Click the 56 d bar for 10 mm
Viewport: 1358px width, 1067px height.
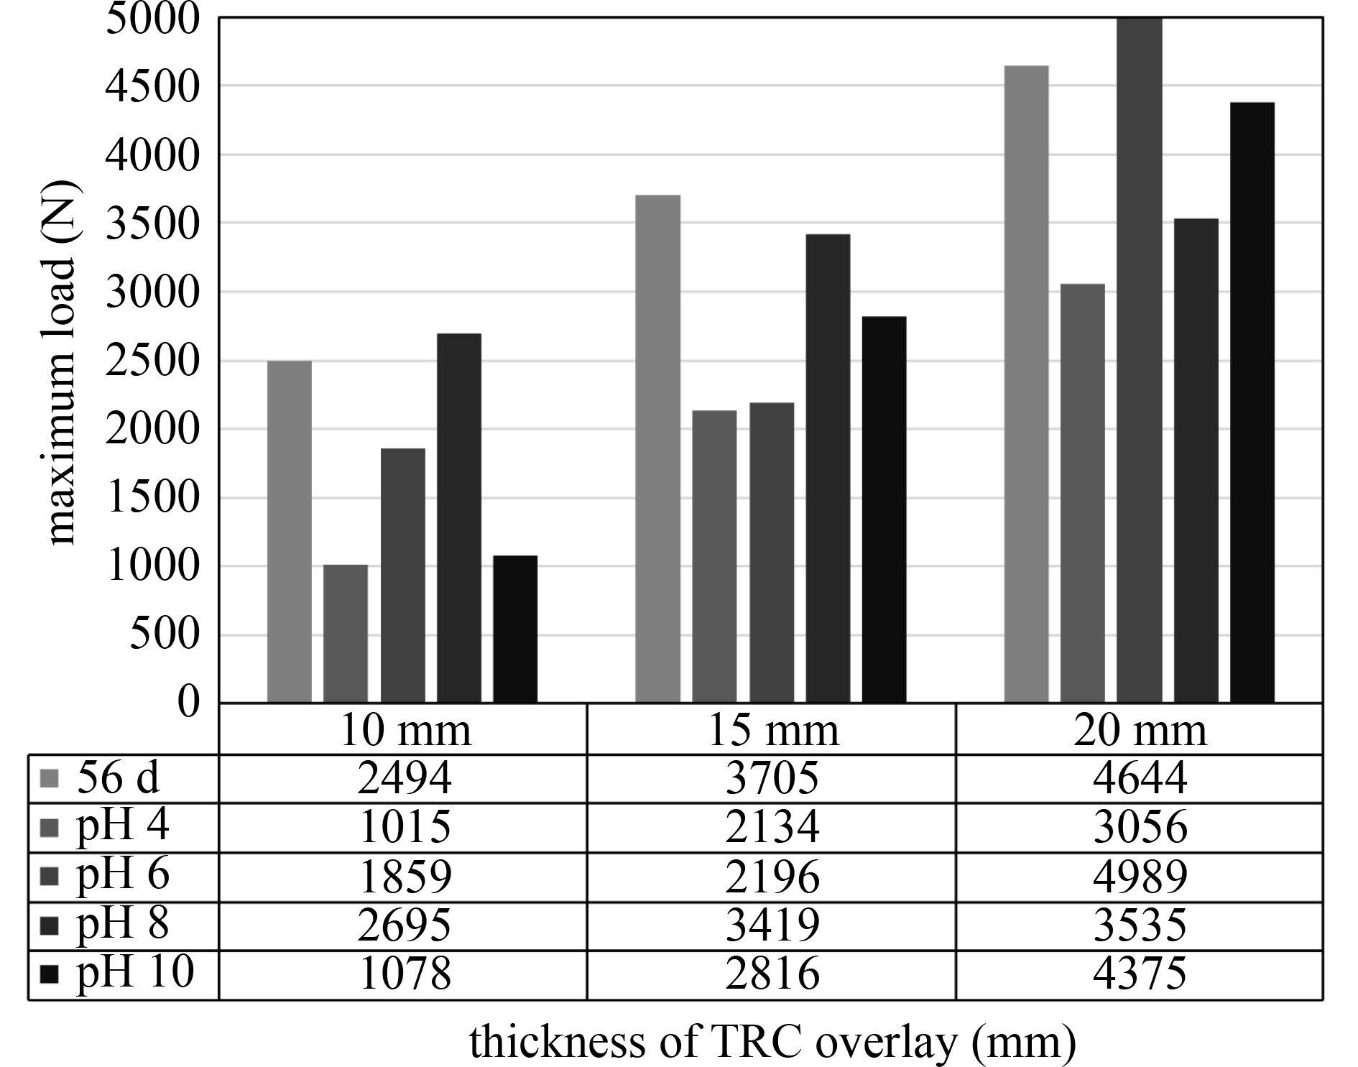tap(290, 531)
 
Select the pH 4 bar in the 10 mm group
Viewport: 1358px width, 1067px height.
tap(346, 633)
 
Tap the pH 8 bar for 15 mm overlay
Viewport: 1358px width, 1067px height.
tap(828, 468)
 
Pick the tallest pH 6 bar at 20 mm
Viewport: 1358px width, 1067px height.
tap(1139, 359)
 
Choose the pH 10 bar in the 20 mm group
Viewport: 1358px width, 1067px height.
tap(1252, 402)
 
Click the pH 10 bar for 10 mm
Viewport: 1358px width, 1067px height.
tap(515, 629)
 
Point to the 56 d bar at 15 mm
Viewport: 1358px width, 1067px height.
tap(657, 448)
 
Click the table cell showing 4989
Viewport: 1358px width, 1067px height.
tap(1140, 877)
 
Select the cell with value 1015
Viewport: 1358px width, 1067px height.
tap(405, 827)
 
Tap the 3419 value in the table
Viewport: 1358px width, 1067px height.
tap(772, 925)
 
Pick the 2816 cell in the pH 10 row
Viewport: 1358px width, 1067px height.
tap(772, 974)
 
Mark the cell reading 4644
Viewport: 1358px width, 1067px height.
tap(1140, 778)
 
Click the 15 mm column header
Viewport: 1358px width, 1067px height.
tap(772, 730)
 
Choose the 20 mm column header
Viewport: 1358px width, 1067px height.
tap(1140, 730)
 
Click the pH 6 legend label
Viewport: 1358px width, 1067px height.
tap(123, 875)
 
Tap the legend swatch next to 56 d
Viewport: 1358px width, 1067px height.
tap(50, 778)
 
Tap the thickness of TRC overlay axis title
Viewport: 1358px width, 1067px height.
tap(772, 1042)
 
